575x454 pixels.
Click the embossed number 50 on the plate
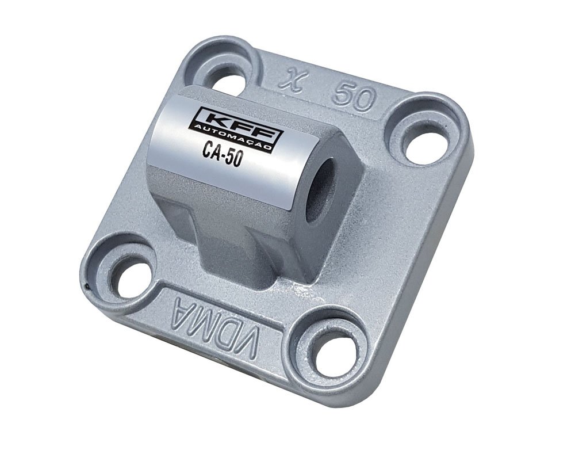click(x=355, y=94)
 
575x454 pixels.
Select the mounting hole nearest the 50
click(x=425, y=139)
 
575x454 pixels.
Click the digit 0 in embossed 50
click(x=365, y=97)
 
